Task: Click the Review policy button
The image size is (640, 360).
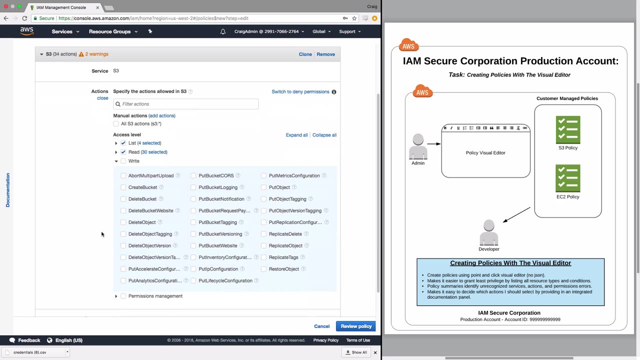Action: [x=355, y=326]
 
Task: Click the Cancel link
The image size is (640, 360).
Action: [x=321, y=326]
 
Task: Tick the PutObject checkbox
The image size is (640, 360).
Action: [x=263, y=187]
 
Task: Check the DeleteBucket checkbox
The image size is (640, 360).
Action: [x=123, y=199]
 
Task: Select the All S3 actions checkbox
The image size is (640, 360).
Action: [x=115, y=123]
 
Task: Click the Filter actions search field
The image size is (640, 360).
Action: [x=185, y=104]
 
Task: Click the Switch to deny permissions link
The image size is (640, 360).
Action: [x=300, y=91]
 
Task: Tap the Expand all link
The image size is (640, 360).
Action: [x=296, y=135]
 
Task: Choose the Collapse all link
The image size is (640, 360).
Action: [x=324, y=135]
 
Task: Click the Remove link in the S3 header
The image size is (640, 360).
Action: [x=325, y=54]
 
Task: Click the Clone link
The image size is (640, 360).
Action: [x=305, y=54]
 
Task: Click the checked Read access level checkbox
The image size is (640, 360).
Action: [x=123, y=152]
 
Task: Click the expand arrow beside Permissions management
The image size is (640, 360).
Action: [x=116, y=296]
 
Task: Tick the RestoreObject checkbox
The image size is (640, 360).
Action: [x=263, y=269]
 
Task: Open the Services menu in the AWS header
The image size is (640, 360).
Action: [x=65, y=31]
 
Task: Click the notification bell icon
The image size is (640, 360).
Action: [x=223, y=31]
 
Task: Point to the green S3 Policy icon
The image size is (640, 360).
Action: [x=568, y=129]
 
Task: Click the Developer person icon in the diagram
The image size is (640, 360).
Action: [x=489, y=232]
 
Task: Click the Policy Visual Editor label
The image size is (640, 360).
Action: [x=485, y=153]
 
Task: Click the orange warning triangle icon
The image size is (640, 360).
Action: [x=81, y=54]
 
